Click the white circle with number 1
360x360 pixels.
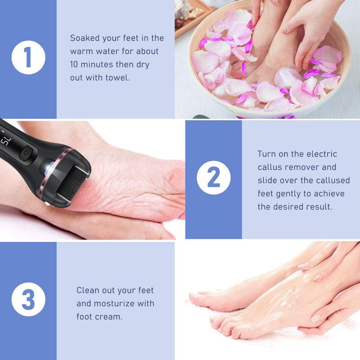(28, 59)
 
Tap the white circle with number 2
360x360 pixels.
(213, 179)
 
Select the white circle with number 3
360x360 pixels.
(28, 300)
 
